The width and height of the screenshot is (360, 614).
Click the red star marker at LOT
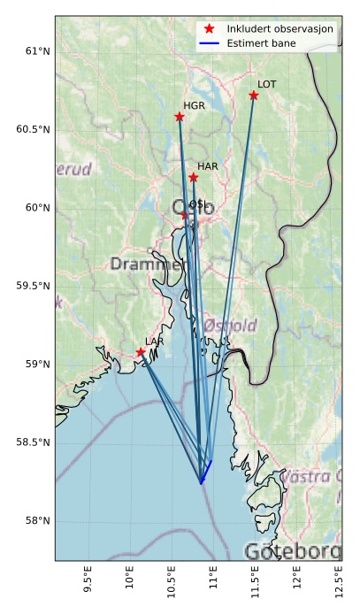click(254, 95)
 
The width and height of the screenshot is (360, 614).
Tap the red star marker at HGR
click(180, 117)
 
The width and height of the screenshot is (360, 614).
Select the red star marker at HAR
click(194, 178)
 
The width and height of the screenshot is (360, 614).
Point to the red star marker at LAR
click(141, 352)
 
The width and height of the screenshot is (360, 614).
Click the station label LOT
click(266, 84)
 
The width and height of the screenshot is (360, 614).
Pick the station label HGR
click(193, 105)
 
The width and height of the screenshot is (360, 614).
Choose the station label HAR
click(208, 166)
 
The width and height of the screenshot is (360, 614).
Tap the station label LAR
click(155, 341)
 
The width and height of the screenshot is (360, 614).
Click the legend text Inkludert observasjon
click(280, 29)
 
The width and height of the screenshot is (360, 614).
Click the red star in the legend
click(210, 29)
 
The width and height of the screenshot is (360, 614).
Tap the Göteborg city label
click(293, 551)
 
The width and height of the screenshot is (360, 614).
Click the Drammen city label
click(147, 265)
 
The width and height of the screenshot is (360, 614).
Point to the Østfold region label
click(229, 326)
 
